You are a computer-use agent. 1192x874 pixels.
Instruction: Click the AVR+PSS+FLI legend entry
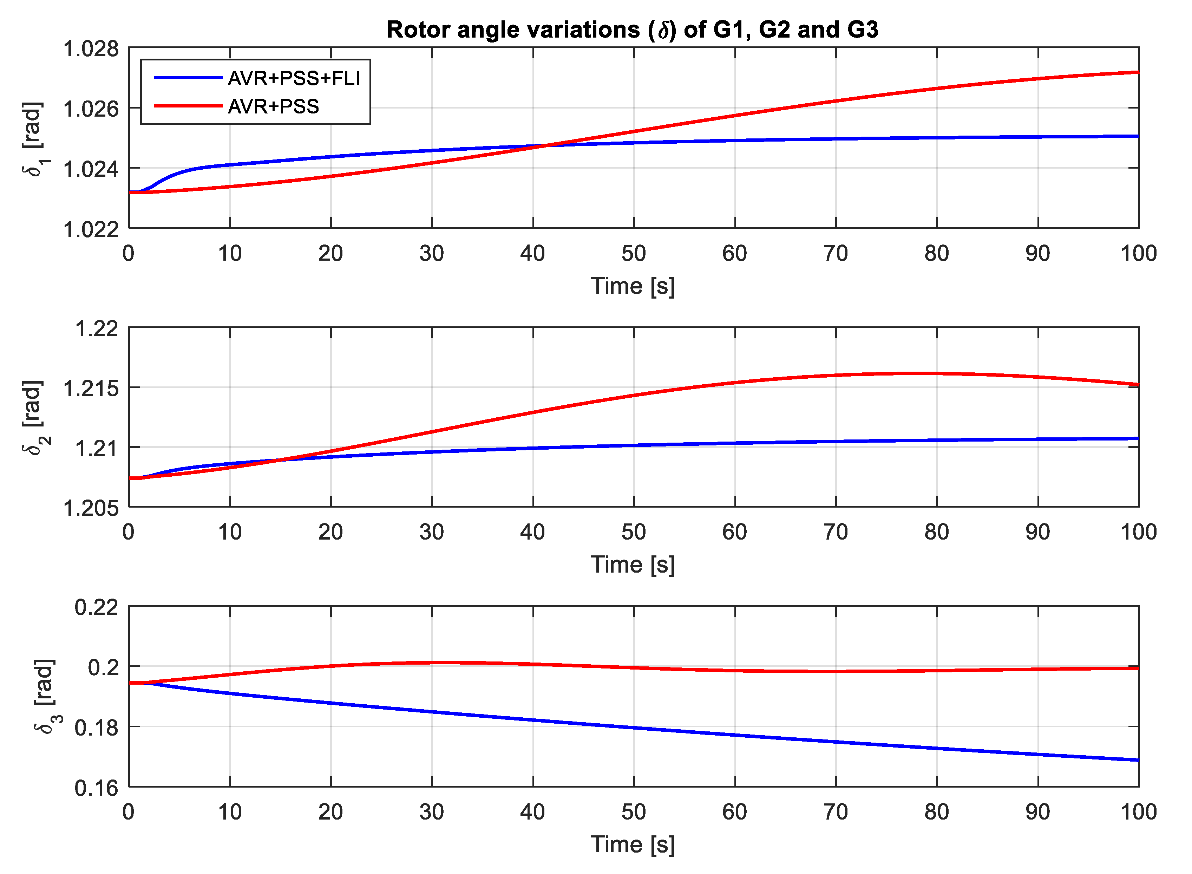(x=294, y=78)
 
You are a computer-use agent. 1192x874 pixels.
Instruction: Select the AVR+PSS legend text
(x=273, y=107)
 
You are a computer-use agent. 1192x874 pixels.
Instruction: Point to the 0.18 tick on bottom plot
(x=97, y=728)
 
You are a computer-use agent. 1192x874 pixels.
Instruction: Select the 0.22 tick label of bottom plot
(x=97, y=607)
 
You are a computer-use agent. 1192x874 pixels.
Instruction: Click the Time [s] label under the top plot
(x=633, y=286)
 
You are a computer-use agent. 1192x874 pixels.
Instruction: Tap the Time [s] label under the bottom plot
(x=633, y=845)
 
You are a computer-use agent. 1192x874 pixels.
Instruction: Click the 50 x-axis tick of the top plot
(x=634, y=254)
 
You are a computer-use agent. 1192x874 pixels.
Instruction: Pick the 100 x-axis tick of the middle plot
(x=1138, y=532)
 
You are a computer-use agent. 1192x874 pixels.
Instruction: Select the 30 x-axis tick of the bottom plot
(x=432, y=812)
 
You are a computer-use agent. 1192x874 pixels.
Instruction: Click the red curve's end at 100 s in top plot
(x=1138, y=72)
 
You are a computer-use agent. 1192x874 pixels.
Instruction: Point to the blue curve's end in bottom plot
(x=1138, y=760)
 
